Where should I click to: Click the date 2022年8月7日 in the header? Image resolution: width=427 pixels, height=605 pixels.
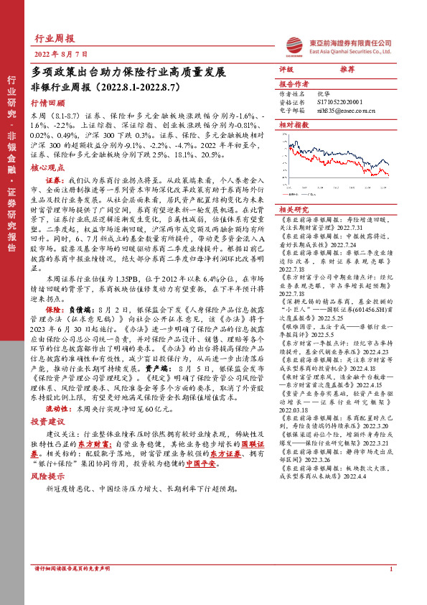tap(61, 54)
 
